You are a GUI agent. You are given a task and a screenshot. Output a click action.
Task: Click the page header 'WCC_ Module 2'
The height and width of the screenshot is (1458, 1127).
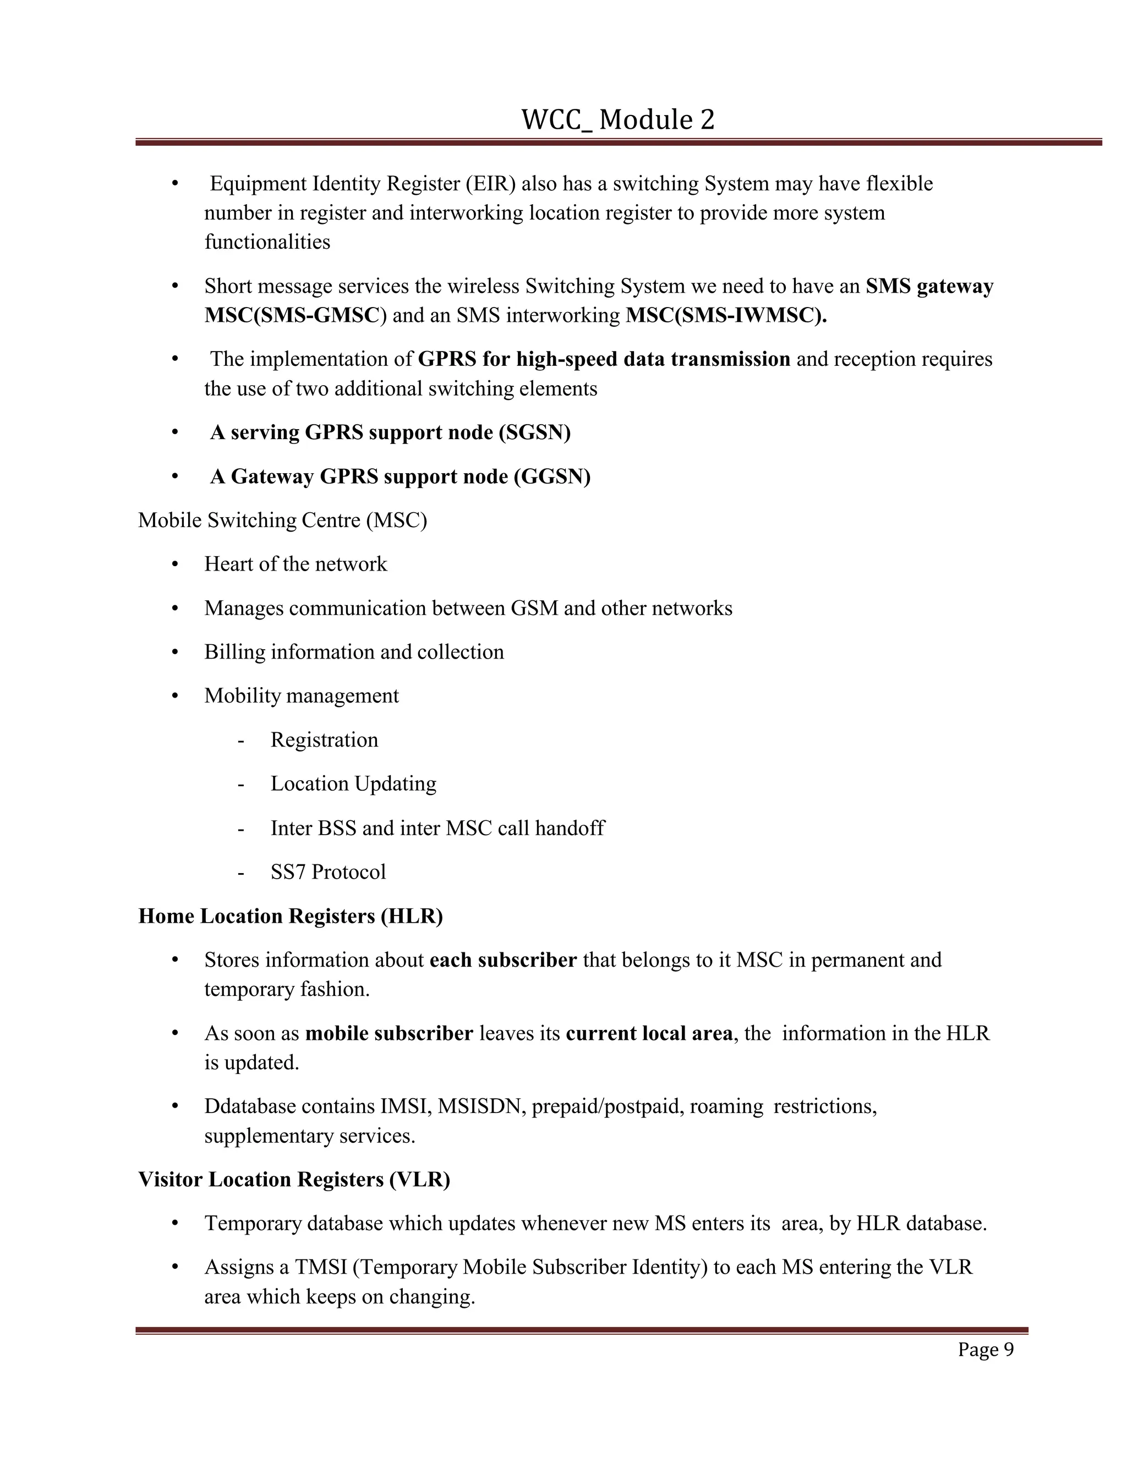(617, 120)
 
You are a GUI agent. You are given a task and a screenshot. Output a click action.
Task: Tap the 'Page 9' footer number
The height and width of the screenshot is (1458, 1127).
(986, 1349)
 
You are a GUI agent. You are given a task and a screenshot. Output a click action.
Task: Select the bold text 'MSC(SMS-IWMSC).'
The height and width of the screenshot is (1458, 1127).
(726, 315)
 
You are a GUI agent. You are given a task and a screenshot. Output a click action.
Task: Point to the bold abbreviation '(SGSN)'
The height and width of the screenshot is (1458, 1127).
(534, 432)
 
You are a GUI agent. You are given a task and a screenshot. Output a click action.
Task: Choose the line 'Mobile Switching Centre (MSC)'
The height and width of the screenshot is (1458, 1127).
(282, 520)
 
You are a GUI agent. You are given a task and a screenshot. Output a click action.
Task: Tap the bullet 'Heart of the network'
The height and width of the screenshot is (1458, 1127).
(295, 564)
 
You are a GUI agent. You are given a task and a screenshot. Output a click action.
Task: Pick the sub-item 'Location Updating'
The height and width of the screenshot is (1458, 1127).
(353, 783)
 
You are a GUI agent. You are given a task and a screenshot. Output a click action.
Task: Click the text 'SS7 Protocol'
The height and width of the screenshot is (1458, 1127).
(328, 872)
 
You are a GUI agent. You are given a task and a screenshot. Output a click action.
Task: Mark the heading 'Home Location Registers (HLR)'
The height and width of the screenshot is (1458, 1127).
(291, 916)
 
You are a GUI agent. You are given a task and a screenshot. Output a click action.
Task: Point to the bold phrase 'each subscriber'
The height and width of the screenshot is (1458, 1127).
(503, 960)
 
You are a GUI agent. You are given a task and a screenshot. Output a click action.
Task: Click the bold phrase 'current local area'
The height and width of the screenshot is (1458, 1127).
(649, 1033)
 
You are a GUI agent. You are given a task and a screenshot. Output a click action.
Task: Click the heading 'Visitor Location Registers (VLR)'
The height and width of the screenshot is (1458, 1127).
(294, 1180)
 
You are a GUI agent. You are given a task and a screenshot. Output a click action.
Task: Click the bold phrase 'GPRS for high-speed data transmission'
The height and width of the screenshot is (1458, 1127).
(604, 359)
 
